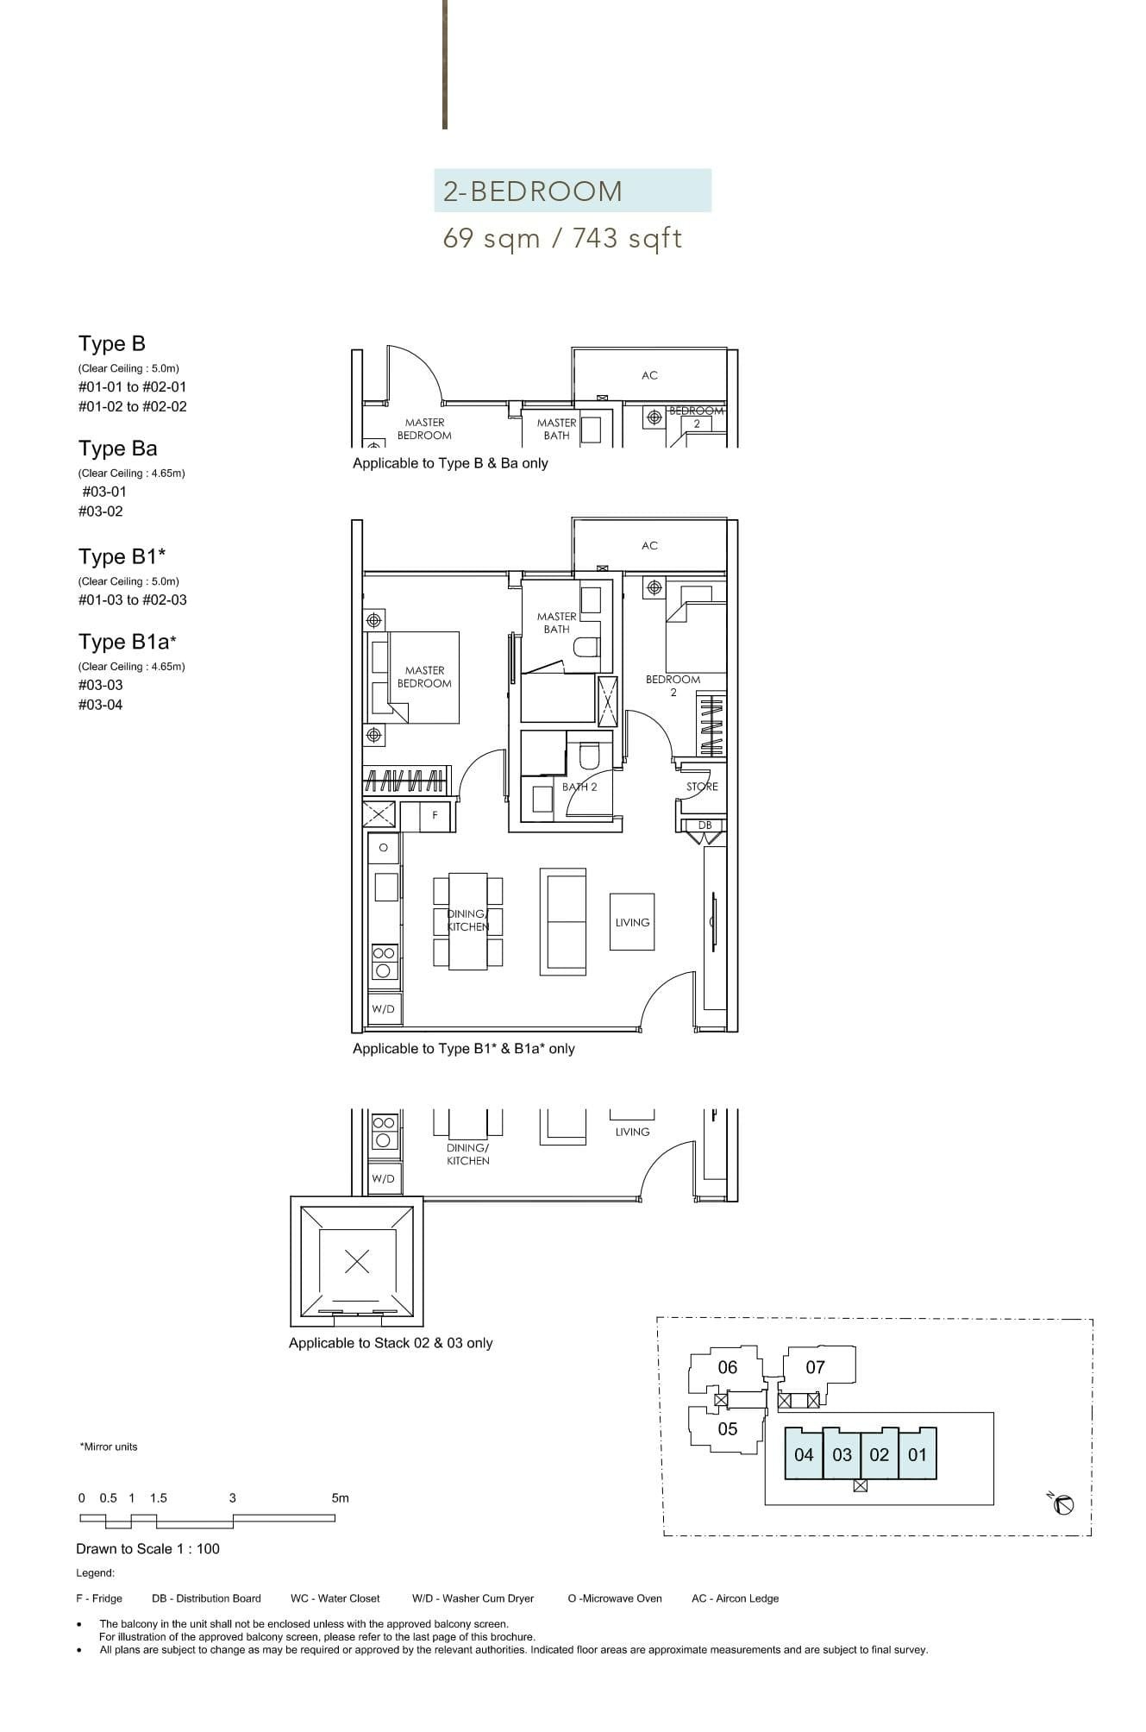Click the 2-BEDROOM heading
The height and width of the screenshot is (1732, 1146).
click(x=532, y=191)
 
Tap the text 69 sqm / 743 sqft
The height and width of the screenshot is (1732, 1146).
click(x=562, y=238)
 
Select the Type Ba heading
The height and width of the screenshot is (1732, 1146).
click(x=118, y=449)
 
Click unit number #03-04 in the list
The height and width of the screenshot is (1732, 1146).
click(x=101, y=705)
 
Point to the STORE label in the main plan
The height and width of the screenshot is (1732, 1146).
click(x=702, y=787)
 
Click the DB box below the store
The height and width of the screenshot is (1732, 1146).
click(x=705, y=825)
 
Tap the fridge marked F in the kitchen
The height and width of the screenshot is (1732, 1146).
click(x=435, y=815)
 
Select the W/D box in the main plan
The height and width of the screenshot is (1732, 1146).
click(x=383, y=1009)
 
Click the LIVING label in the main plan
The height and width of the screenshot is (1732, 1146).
click(x=632, y=922)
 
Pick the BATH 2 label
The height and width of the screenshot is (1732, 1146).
click(x=579, y=787)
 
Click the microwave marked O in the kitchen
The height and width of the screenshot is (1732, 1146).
click(x=384, y=847)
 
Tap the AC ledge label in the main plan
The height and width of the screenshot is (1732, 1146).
click(x=649, y=545)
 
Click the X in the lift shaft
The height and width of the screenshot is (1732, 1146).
click(x=357, y=1262)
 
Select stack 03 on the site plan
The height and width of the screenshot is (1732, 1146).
click(x=842, y=1454)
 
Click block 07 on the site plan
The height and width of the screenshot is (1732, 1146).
click(x=815, y=1367)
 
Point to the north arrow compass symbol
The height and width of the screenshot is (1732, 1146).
click(x=1064, y=1505)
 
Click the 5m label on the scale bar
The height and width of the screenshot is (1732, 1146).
click(x=341, y=1498)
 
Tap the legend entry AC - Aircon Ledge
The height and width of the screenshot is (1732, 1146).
click(x=735, y=1598)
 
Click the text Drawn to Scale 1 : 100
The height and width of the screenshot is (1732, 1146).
click(x=147, y=1549)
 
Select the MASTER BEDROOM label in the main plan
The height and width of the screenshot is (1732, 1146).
click(x=424, y=676)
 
